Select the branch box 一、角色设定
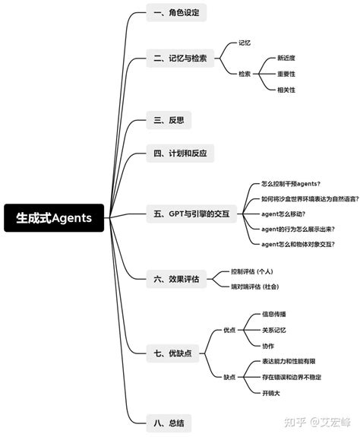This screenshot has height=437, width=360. coord(175,13)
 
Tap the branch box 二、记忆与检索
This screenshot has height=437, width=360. coord(182,58)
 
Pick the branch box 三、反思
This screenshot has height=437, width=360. coord(168,119)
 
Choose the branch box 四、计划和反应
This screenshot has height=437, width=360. coord(180,154)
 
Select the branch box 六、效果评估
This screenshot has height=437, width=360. coord(175,279)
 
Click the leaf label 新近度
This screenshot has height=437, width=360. coord(286,58)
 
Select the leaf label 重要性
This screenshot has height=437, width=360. coord(286,74)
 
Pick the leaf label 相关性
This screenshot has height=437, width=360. coord(286,90)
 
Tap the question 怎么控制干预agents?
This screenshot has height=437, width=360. coord(291,183)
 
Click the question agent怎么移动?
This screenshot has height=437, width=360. coord(283,214)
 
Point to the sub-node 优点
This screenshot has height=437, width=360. coord(229,330)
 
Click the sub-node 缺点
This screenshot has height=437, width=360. coord(229,377)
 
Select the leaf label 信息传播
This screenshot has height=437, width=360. coord(274,314)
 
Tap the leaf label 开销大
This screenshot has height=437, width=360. coord(271,392)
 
